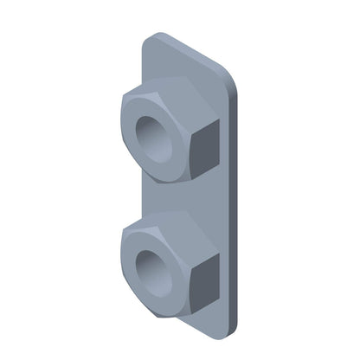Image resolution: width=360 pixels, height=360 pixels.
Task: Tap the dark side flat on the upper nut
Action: pos(204,148)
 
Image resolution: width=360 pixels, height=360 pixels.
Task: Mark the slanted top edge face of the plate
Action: pos(190,50)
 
